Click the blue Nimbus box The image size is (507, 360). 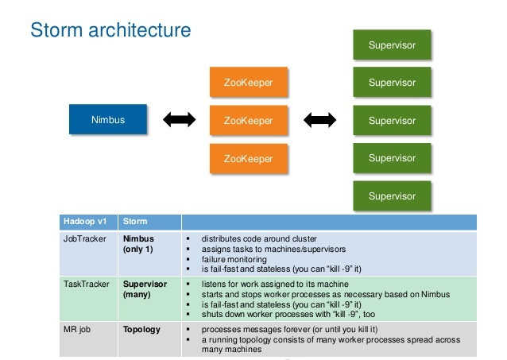(x=107, y=120)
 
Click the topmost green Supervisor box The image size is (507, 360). (x=391, y=45)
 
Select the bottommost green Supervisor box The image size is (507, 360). (x=391, y=195)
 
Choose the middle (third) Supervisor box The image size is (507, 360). (x=391, y=121)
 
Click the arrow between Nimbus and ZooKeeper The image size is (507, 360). (x=179, y=121)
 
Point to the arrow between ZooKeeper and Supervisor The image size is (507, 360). (x=319, y=121)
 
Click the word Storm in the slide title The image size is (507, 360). (x=55, y=31)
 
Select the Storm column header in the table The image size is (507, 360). (x=135, y=222)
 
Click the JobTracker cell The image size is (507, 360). (x=83, y=238)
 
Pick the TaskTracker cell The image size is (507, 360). (x=83, y=283)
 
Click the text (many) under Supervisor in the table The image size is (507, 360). (x=137, y=294)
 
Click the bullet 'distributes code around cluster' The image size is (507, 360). (x=260, y=238)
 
